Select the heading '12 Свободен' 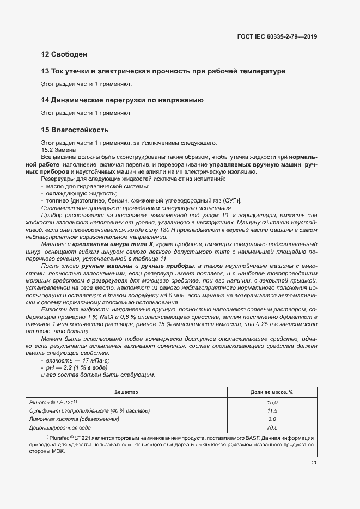[64, 54]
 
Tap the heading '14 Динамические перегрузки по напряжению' [123, 100]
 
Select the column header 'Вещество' [126, 392]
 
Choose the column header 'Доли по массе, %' [272, 392]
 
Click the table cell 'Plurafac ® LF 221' [60, 402]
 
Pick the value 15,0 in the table [272, 402]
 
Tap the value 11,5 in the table [272, 410]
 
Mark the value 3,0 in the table [272, 419]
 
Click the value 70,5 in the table [272, 427]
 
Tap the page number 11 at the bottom [314, 463]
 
